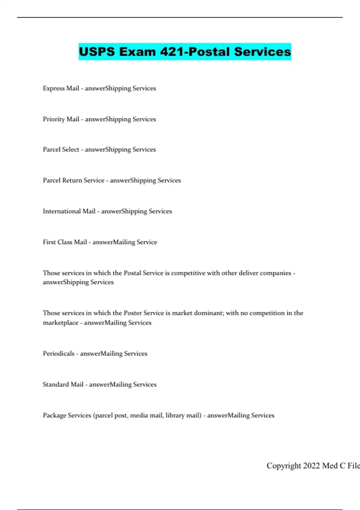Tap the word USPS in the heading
pyautogui.click(x=97, y=52)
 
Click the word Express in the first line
pyautogui.click(x=54, y=88)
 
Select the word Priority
pyautogui.click(x=54, y=119)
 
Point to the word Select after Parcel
pyautogui.click(x=70, y=149)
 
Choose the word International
pyautogui.click(x=62, y=211)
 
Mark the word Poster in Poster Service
pyautogui.click(x=133, y=313)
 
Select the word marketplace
pyautogui.click(x=60, y=323)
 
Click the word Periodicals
pyautogui.click(x=58, y=353)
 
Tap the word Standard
pyautogui.click(x=56, y=384)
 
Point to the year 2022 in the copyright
pyautogui.click(x=311, y=465)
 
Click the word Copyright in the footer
pyautogui.click(x=283, y=466)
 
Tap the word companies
pyautogui.click(x=275, y=273)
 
